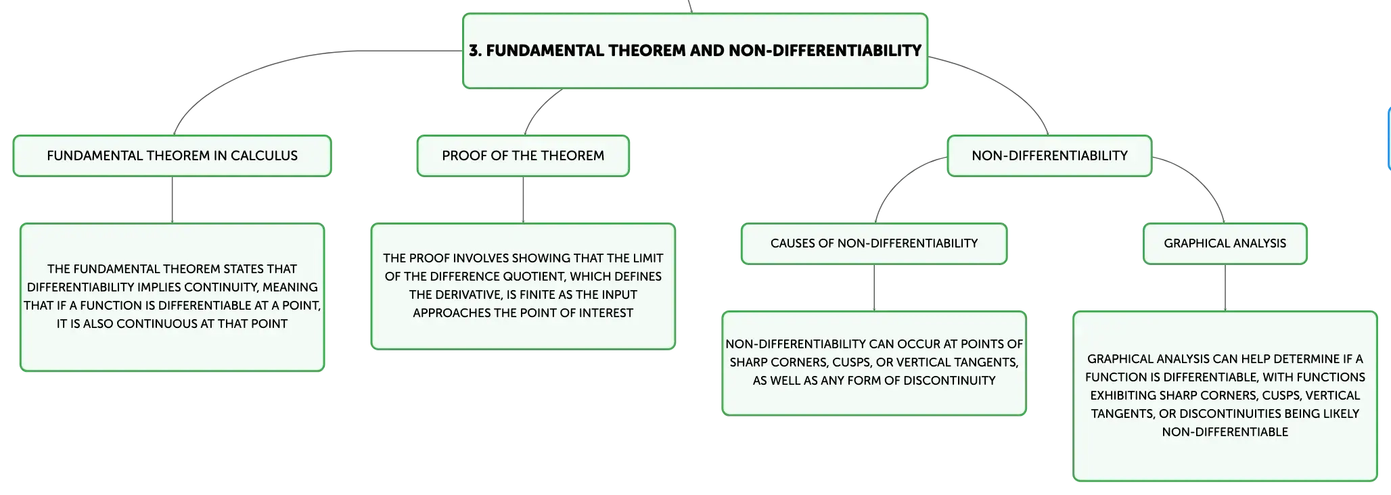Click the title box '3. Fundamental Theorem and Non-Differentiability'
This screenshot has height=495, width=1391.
(695, 51)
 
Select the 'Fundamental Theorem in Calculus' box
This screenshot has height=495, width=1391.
(172, 156)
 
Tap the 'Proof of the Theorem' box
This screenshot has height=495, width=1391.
(523, 156)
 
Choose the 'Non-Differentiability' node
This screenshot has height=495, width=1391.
(1049, 156)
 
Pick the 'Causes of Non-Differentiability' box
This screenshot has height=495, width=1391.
(874, 243)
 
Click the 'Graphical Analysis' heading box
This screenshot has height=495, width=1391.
(1225, 243)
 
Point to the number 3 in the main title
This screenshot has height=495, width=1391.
(474, 51)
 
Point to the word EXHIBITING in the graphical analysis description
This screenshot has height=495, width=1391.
(1123, 396)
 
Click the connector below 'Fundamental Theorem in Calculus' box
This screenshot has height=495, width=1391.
(172, 199)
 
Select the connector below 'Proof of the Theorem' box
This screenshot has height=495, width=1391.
(523, 199)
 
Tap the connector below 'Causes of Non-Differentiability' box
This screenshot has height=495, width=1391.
(874, 287)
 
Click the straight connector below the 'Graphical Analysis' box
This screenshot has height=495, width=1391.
(1225, 287)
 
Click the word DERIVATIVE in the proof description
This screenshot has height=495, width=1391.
(465, 295)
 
